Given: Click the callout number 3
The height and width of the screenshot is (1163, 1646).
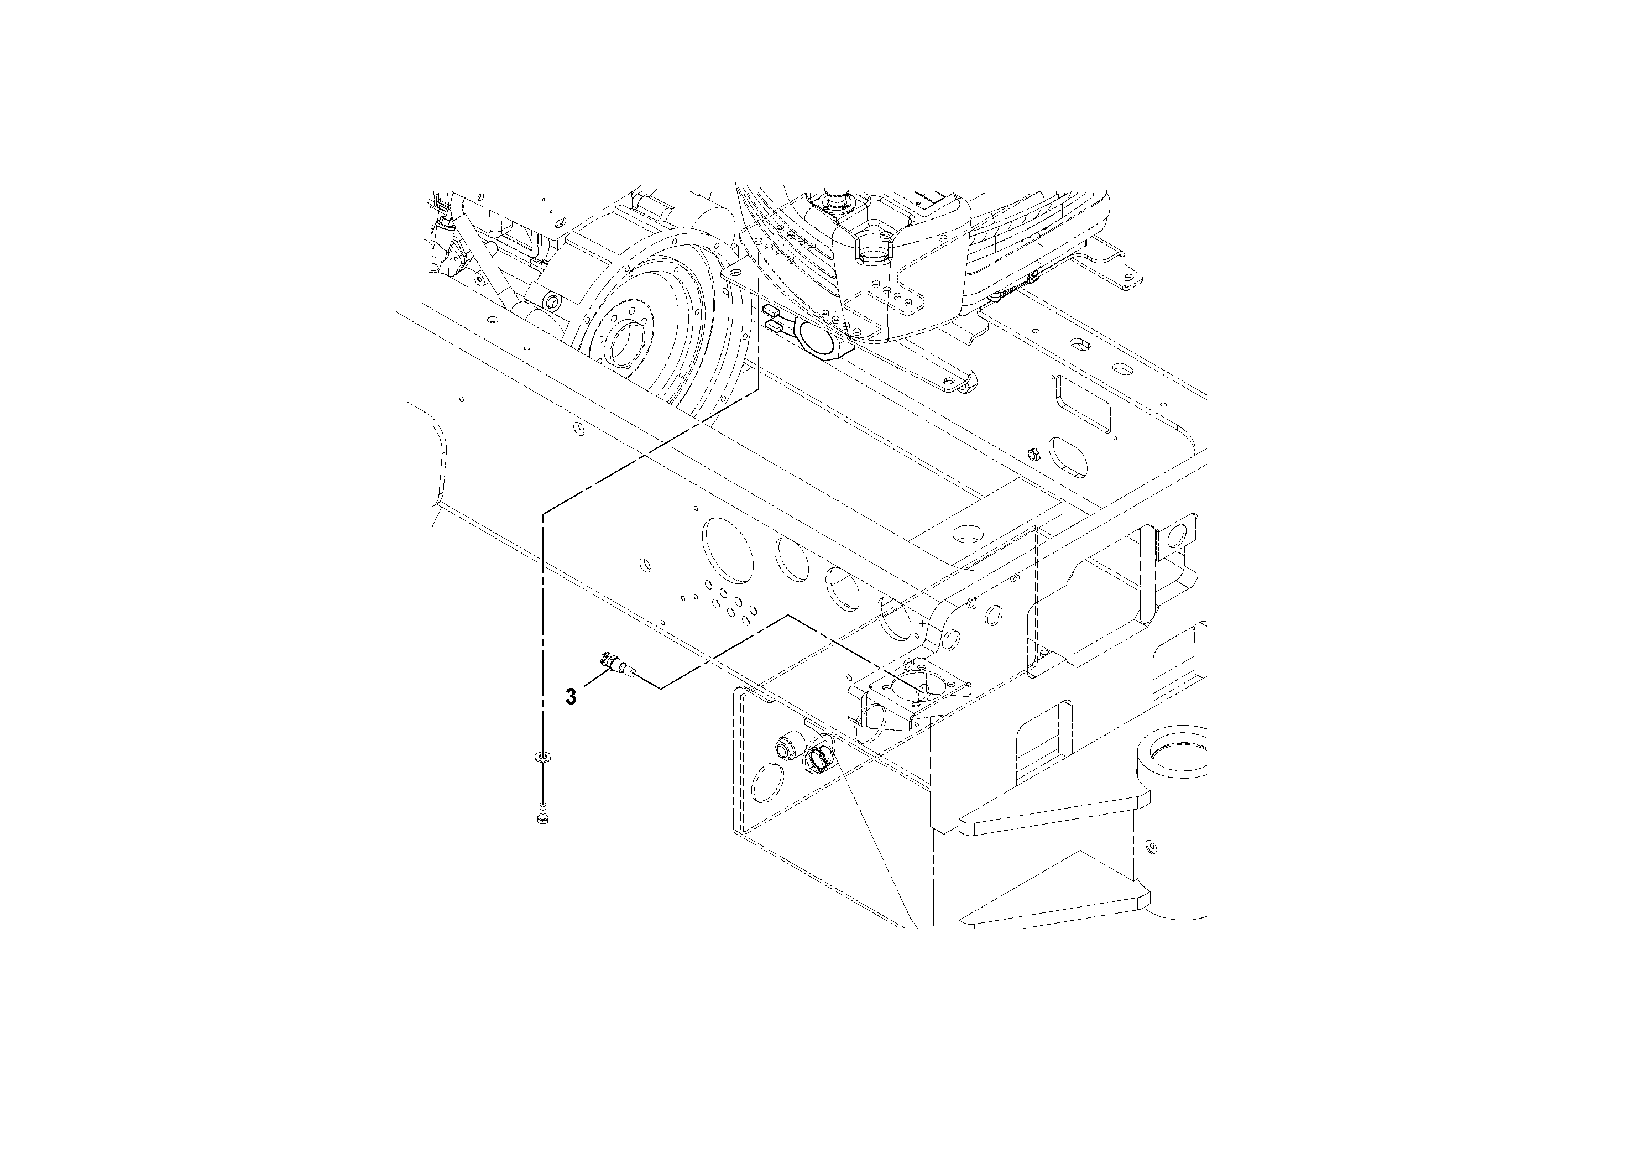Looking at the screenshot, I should point(571,696).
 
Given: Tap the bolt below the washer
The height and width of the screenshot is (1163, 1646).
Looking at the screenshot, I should point(543,814).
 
